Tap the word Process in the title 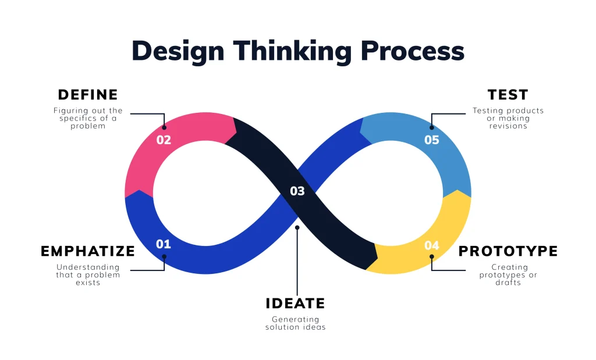click(411, 51)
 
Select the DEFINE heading click(88, 95)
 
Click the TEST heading click(508, 95)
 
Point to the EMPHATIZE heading click(88, 251)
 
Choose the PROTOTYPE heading click(508, 251)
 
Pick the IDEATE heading click(295, 304)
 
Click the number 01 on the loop click(164, 244)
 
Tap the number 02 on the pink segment click(164, 140)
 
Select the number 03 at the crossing click(297, 191)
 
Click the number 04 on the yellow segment click(431, 245)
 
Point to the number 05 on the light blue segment click(431, 140)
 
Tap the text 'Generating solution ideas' click(295, 323)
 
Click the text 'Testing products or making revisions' click(508, 118)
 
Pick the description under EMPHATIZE click(88, 275)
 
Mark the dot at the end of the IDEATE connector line click(297, 227)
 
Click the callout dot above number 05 click(431, 127)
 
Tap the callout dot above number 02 click(164, 127)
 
